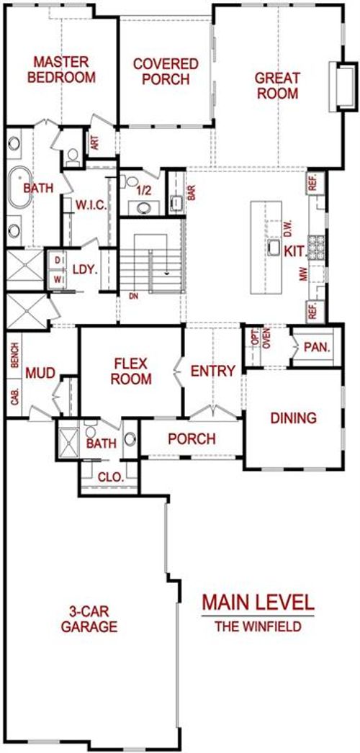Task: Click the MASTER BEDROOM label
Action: (64, 70)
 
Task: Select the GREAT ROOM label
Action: (277, 84)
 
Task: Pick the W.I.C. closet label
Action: (91, 206)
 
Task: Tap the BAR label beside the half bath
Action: (192, 194)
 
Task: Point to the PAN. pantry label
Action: (317, 347)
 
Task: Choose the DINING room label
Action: (293, 418)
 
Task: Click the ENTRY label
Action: (212, 371)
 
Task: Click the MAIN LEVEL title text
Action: (257, 601)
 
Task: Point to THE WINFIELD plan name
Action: (257, 626)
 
